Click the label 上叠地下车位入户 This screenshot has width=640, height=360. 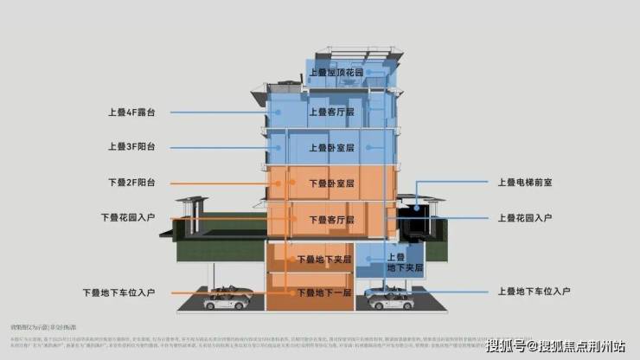pos(535,292)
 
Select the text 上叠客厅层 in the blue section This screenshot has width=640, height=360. pos(331,112)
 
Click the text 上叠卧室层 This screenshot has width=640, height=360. pos(331,148)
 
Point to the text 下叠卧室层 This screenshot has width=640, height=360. pos(331,183)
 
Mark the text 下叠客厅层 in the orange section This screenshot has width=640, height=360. pos(331,219)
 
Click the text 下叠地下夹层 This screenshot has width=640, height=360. pos(323,259)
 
